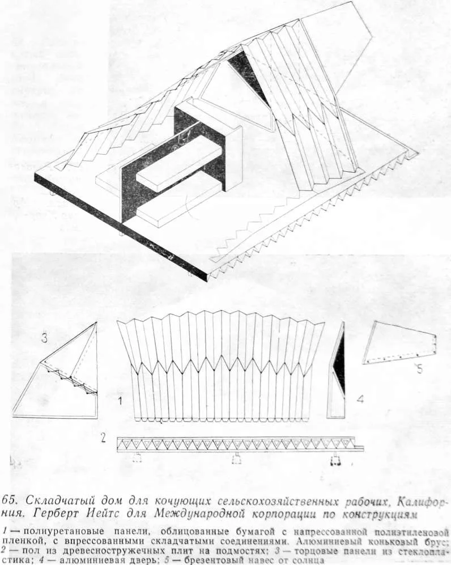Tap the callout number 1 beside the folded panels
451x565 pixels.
click(x=120, y=400)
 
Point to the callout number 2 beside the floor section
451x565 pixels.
click(x=103, y=438)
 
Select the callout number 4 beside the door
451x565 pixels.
click(x=360, y=399)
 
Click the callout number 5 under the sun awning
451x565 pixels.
click(x=419, y=369)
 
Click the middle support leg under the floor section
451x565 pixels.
click(x=236, y=458)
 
